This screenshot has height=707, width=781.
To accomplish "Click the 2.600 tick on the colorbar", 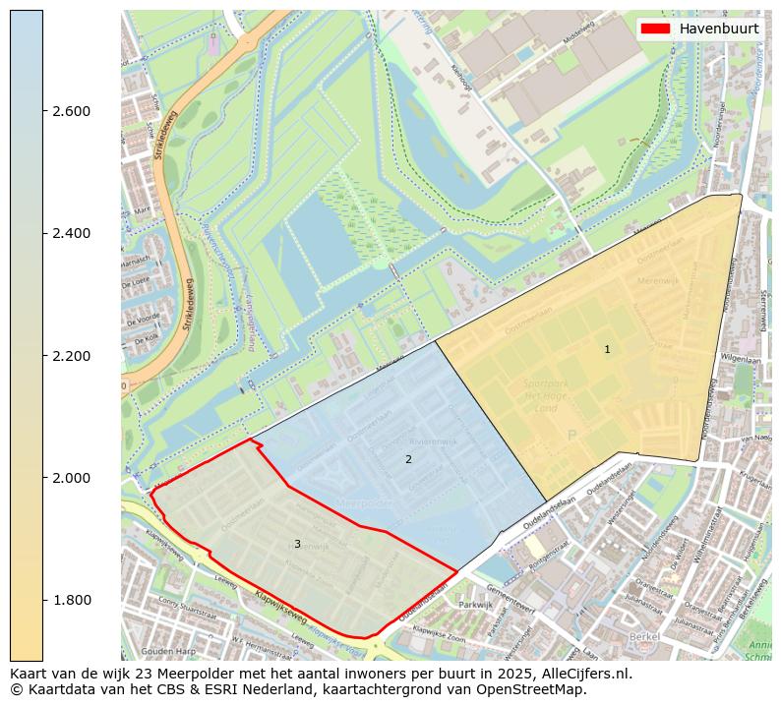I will pyautogui.click(x=71, y=111).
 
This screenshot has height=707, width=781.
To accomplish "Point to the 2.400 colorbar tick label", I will pyautogui.click(x=71, y=233).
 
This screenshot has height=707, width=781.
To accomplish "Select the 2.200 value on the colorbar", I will pyautogui.click(x=71, y=356).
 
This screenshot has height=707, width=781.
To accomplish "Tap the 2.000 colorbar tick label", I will pyautogui.click(x=71, y=478).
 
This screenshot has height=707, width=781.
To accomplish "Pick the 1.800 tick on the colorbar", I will pyautogui.click(x=71, y=601).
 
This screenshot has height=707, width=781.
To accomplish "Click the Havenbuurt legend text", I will pyautogui.click(x=718, y=29).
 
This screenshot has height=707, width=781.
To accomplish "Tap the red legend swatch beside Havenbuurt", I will pyautogui.click(x=655, y=29).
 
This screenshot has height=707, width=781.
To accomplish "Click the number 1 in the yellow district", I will pyautogui.click(x=607, y=350).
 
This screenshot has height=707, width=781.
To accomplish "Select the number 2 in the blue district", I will pyautogui.click(x=408, y=459).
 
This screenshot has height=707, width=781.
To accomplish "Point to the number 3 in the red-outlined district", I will pyautogui.click(x=297, y=545).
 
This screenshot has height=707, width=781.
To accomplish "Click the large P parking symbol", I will pyautogui.click(x=571, y=435).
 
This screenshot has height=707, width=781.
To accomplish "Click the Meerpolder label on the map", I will pyautogui.click(x=365, y=501).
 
